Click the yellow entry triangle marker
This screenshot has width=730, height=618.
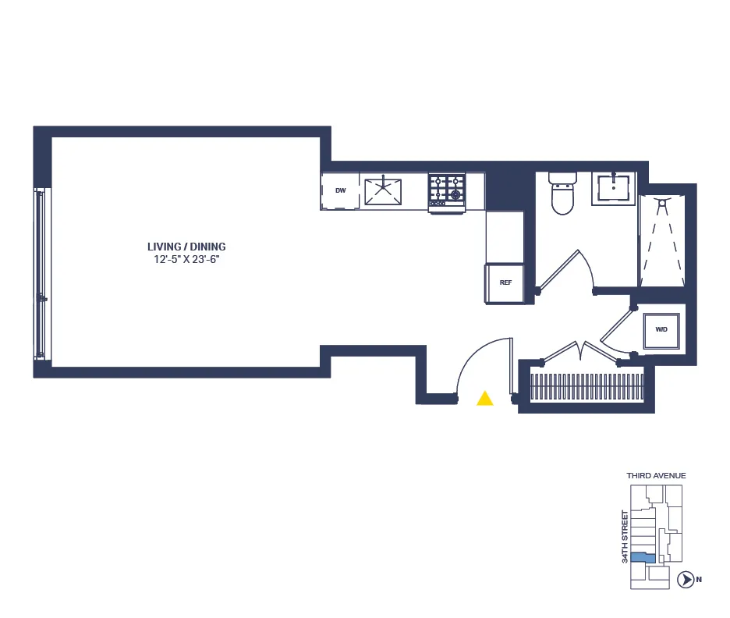click(x=485, y=400)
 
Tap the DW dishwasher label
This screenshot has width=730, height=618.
click(x=340, y=191)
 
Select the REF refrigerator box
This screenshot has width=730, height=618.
click(x=505, y=282)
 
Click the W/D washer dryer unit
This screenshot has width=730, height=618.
click(x=661, y=329)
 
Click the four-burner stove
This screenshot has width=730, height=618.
click(x=446, y=191)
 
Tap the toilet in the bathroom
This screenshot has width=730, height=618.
click(x=562, y=195)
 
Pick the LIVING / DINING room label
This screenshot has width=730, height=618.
click(x=186, y=247)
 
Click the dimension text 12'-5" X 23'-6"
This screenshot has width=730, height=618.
click(x=186, y=260)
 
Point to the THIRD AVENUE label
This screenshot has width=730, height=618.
click(x=656, y=475)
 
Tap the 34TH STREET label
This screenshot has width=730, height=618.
click(x=625, y=536)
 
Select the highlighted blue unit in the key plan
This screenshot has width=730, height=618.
click(x=643, y=558)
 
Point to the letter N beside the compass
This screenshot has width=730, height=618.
click(x=700, y=579)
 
